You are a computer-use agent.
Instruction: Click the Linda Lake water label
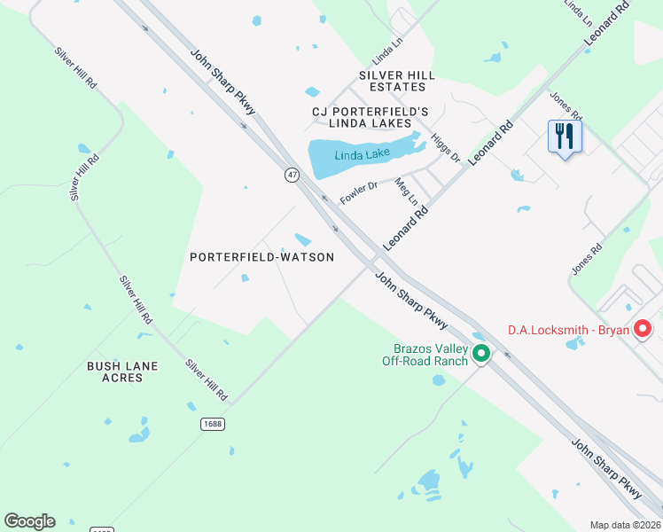(363, 155)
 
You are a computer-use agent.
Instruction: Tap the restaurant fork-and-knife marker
(565, 137)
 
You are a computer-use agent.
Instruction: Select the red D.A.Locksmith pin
(644, 330)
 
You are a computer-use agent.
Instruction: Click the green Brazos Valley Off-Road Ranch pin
(481, 353)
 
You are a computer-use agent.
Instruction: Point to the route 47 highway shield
(292, 176)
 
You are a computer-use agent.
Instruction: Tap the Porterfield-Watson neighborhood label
(261, 257)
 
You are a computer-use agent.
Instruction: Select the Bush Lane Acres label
(122, 372)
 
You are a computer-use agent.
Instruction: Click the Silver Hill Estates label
(397, 82)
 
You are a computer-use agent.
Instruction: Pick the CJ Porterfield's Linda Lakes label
(370, 117)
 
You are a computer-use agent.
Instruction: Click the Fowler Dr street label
(359, 192)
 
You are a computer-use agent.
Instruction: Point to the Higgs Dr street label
(445, 147)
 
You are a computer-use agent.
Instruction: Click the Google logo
(29, 521)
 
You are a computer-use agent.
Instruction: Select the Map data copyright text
(626, 525)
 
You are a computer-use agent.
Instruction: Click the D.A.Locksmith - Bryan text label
(568, 331)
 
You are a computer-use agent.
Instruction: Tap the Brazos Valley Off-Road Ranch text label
(425, 355)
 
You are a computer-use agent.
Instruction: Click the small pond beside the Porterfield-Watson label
(303, 240)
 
